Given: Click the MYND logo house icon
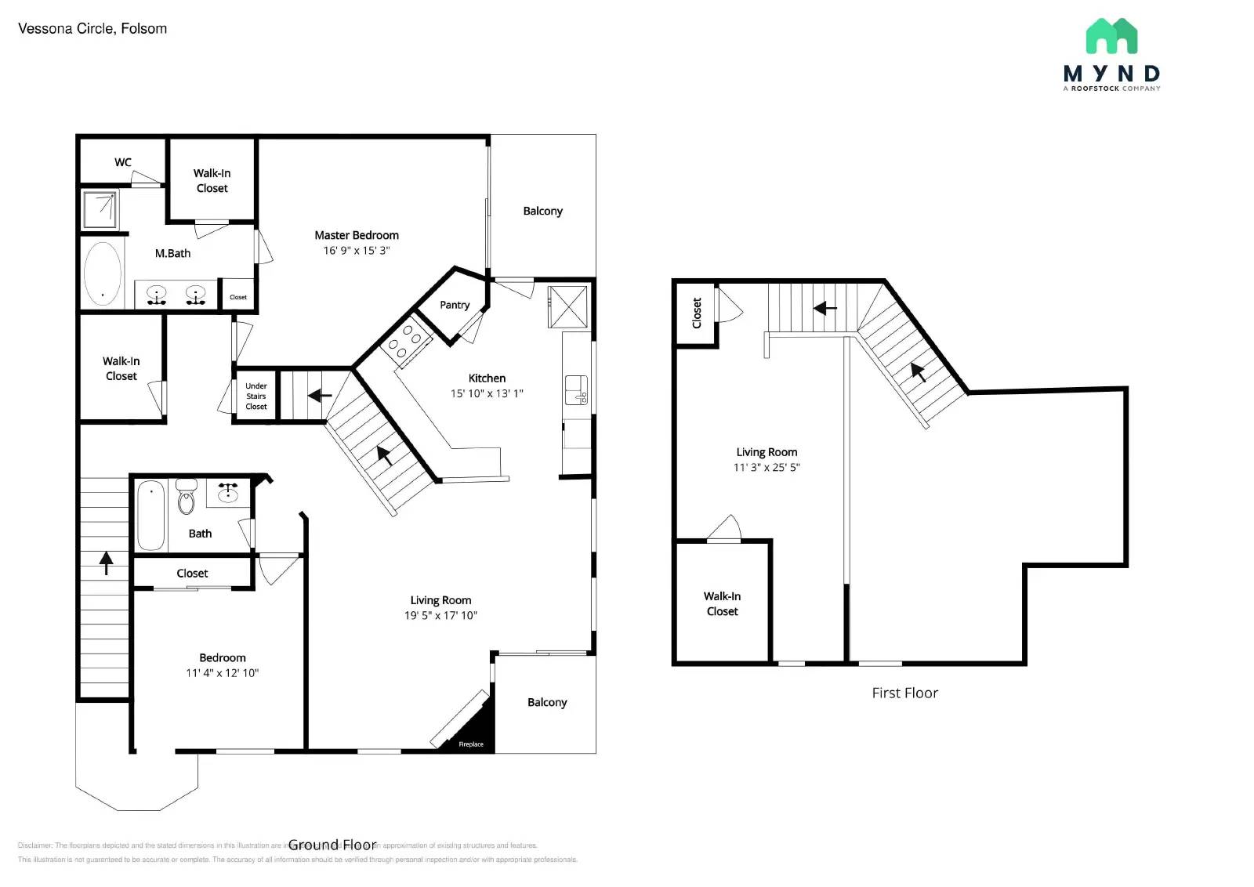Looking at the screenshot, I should [x=1111, y=36].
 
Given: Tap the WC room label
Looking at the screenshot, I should [x=123, y=162].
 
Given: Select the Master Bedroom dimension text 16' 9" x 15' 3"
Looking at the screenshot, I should [x=357, y=251].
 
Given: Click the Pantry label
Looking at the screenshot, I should [x=455, y=305].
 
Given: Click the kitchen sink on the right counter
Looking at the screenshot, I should [x=577, y=389].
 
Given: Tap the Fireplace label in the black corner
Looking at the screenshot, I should [x=471, y=744].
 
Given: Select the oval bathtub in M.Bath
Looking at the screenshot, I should [x=103, y=273].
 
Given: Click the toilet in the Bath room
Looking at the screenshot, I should [x=186, y=499].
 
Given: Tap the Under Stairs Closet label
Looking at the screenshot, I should [x=256, y=396].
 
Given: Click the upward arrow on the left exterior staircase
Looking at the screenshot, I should [x=106, y=562].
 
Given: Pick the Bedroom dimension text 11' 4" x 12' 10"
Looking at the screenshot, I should [x=222, y=673].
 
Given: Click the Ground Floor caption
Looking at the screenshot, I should [x=332, y=845].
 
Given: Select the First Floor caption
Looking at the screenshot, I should [x=904, y=693].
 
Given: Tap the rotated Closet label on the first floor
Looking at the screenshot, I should [x=697, y=313].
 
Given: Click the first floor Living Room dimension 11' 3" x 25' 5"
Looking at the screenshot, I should [x=767, y=468].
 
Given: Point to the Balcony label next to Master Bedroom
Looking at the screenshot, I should [x=542, y=211].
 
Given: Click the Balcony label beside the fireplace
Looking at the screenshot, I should [x=547, y=702].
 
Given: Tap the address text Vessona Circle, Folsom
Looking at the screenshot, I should [x=92, y=29].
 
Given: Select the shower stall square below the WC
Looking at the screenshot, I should [x=100, y=209].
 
